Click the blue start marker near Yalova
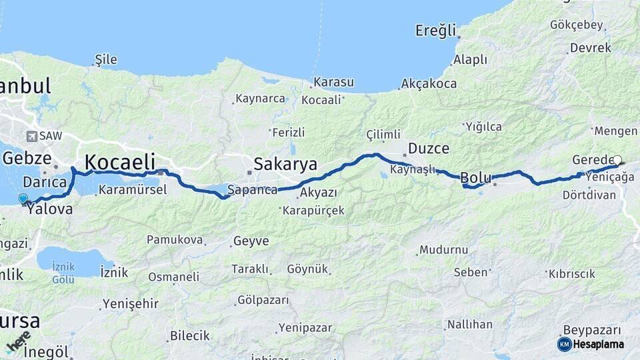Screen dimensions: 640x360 tap(23, 198)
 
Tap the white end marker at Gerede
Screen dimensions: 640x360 tap(617, 160)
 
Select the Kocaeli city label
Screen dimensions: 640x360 tap(120, 162)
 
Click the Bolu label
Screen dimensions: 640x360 tap(476, 178)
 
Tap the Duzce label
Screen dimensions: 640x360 tap(428, 148)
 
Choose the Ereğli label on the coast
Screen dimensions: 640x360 tap(436, 30)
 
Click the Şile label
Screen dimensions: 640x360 tap(106, 59)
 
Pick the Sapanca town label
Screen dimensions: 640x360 tap(252, 190)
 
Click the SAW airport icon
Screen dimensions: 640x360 tap(31, 136)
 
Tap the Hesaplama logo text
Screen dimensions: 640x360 tap(598, 344)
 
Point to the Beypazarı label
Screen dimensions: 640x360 tap(592, 330)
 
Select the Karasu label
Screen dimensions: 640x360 tap(333, 82)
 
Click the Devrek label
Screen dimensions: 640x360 tap(590, 48)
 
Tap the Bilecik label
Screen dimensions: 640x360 tap(190, 335)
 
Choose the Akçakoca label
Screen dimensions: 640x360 tap(429, 84)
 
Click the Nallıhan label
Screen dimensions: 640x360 tap(470, 325)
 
